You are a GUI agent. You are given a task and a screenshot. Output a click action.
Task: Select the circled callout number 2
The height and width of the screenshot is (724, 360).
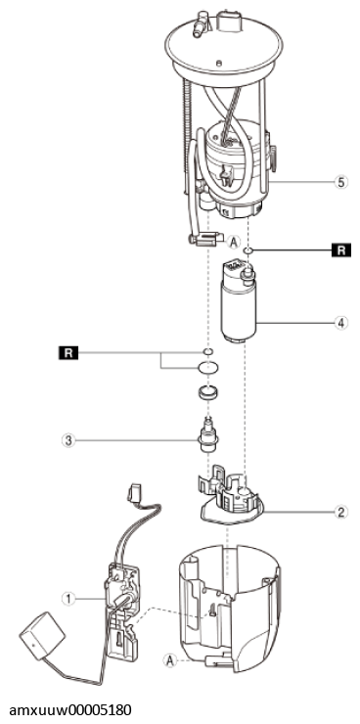340,510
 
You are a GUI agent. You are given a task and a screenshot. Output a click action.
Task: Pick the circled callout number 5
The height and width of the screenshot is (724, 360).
340,182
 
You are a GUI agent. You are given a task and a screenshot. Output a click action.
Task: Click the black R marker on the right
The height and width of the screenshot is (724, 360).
340,251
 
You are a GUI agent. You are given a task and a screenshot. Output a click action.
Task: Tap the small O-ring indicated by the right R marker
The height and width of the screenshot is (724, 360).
251,250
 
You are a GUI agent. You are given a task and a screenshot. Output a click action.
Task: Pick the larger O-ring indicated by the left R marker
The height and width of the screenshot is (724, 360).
207,369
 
